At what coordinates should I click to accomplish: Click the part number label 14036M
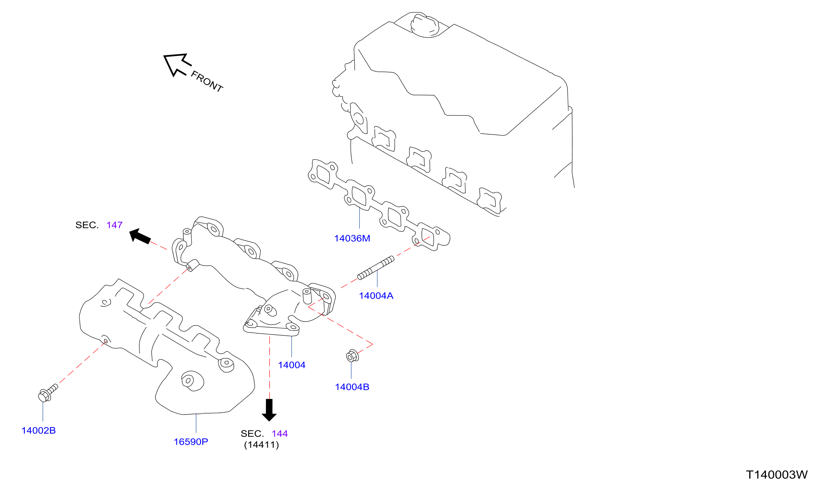click(352, 239)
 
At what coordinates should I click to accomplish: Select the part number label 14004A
click(376, 296)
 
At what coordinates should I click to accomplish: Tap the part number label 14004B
click(352, 387)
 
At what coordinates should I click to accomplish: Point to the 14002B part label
click(38, 431)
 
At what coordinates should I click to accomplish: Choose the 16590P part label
click(191, 442)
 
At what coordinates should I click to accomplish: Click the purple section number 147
click(114, 225)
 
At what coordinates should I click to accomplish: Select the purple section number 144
click(279, 434)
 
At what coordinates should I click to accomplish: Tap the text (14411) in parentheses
click(261, 445)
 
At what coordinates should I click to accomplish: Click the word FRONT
click(207, 82)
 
